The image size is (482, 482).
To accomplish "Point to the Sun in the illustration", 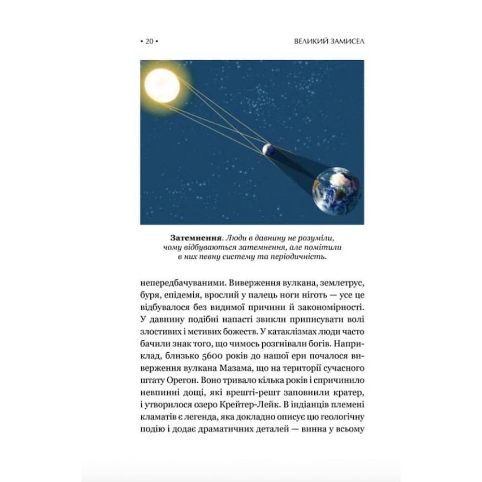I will (x=161, y=85).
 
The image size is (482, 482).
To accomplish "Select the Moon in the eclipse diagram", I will (x=268, y=149).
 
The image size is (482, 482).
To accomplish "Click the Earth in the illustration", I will (x=338, y=195).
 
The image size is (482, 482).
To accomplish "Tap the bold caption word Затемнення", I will (x=192, y=239).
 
